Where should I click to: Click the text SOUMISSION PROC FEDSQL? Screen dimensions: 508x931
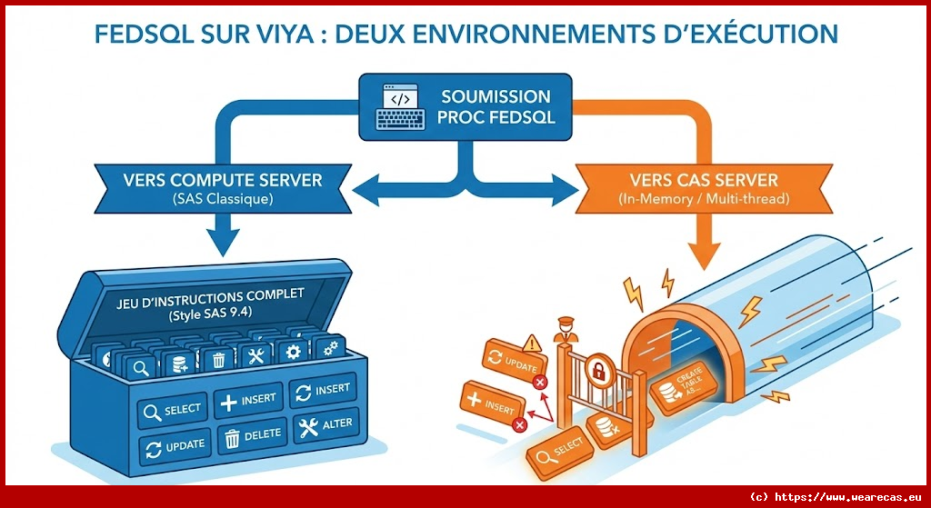point(496,106)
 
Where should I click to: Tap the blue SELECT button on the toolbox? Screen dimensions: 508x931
point(173,410)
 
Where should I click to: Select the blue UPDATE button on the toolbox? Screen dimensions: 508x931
point(175,446)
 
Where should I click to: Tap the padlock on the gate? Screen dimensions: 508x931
point(600,370)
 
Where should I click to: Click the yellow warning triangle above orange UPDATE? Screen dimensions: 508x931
point(533,343)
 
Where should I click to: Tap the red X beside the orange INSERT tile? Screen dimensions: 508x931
point(519,423)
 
